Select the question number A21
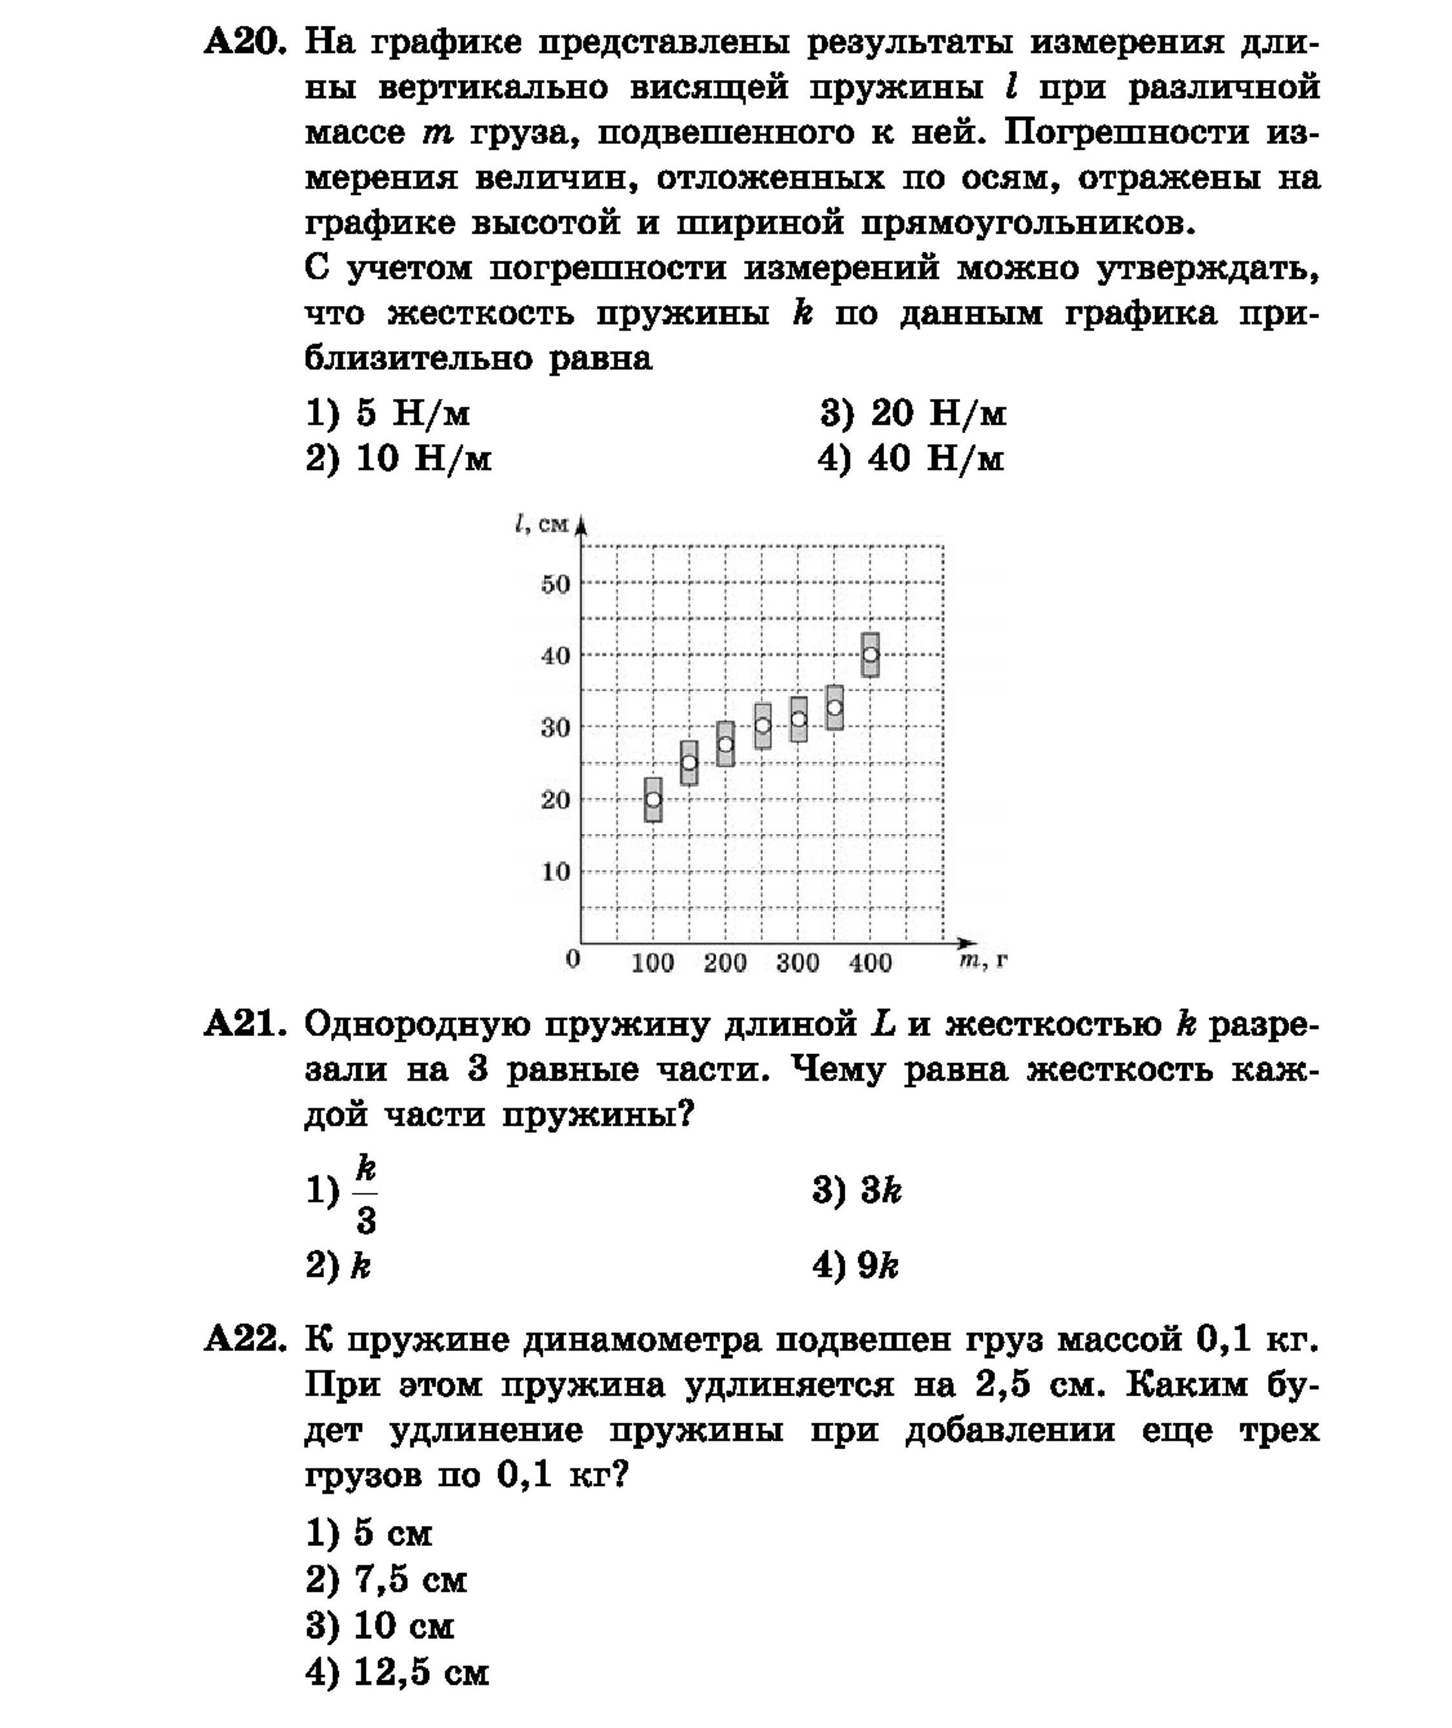point(245,1025)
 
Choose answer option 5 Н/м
point(388,413)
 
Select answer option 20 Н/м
point(913,413)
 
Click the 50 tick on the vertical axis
point(556,585)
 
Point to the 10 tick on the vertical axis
point(556,871)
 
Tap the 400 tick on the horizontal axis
point(870,962)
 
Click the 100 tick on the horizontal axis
point(652,962)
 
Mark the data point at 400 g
point(870,655)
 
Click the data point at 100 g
point(652,799)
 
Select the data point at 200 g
point(725,744)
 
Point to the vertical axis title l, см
point(541,524)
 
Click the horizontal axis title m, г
point(983,960)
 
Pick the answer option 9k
point(856,1265)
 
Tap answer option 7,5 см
point(386,1580)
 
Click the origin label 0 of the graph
point(574,959)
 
